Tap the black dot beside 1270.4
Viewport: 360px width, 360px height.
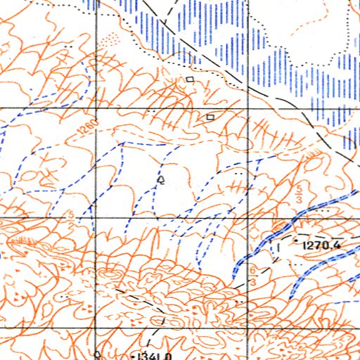(297, 245)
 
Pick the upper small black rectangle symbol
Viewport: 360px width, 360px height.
(190, 80)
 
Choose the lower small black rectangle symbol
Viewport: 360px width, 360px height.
(210, 115)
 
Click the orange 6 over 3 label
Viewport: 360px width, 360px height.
(252, 275)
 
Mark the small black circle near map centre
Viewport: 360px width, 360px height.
(161, 181)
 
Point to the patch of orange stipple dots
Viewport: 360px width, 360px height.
(111, 40)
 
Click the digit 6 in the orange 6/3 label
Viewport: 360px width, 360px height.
(252, 270)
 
